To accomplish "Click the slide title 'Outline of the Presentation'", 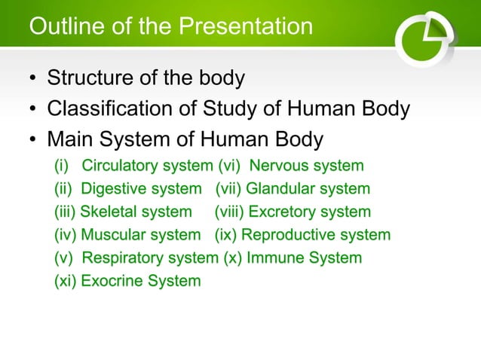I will tap(170, 27).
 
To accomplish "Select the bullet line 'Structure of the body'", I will tap(146, 78).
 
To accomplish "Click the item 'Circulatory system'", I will tap(147, 165).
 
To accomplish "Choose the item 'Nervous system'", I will tap(306, 165).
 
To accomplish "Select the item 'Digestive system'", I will tap(141, 188).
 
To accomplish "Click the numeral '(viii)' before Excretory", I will tap(229, 212).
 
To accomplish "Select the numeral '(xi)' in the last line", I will tap(65, 282).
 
